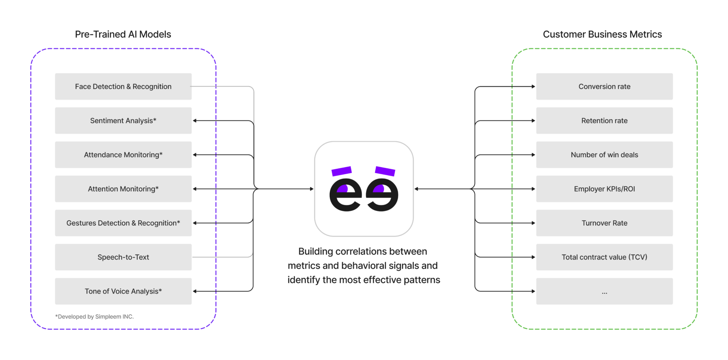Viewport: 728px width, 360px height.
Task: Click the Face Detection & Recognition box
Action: [123, 87]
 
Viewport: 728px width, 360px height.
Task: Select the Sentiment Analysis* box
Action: [123, 121]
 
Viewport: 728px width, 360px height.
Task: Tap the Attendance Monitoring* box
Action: [123, 155]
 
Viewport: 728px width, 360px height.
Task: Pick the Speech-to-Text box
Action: [123, 257]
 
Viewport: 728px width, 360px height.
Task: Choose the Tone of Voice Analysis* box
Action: [123, 291]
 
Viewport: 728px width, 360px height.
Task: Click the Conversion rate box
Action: [604, 87]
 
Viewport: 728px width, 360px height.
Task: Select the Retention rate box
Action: [604, 121]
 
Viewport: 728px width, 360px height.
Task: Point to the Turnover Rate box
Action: [604, 223]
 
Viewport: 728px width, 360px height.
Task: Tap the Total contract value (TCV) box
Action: [604, 257]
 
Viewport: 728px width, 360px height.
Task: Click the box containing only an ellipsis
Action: [604, 291]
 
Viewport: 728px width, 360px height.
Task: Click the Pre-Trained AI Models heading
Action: [123, 34]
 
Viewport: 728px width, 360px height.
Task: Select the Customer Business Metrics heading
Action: [602, 34]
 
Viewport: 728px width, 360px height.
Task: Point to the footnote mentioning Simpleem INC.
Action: [94, 317]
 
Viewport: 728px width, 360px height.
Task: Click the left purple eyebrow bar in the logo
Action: [341, 171]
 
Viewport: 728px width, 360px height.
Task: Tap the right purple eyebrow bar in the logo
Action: [385, 171]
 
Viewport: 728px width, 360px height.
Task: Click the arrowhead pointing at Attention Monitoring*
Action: [195, 189]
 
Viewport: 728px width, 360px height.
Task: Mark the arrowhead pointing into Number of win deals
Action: [533, 155]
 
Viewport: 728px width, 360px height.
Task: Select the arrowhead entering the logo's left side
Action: [312, 189]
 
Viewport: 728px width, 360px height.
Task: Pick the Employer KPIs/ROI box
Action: [604, 189]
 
